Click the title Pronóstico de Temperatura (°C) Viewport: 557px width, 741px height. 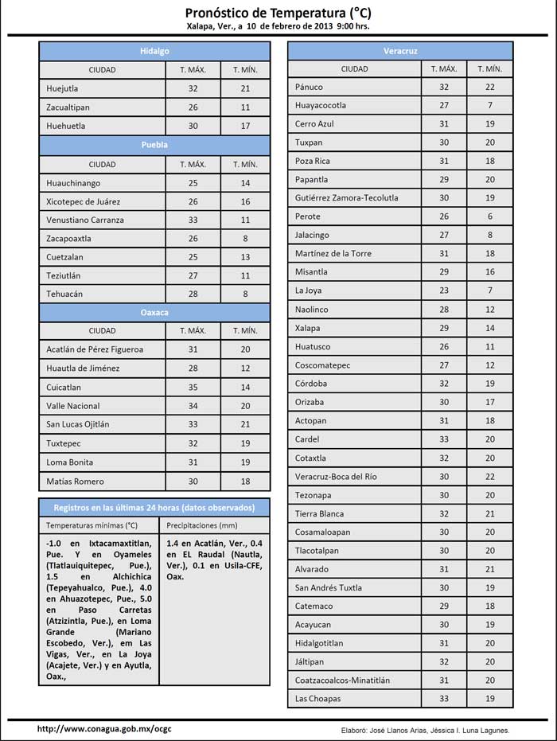pyautogui.click(x=278, y=13)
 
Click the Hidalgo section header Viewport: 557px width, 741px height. pyautogui.click(x=154, y=50)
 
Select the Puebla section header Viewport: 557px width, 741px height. pyautogui.click(x=154, y=145)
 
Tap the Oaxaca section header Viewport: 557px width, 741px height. pyautogui.click(x=154, y=313)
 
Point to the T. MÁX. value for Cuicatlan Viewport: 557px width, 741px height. pyautogui.click(x=193, y=388)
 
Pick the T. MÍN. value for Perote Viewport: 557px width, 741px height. pyautogui.click(x=490, y=216)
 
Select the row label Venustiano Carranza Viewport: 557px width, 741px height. pyautogui.click(x=85, y=220)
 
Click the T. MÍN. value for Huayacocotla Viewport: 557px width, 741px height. pyautogui.click(x=490, y=105)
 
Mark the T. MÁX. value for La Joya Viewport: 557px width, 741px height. pyautogui.click(x=444, y=291)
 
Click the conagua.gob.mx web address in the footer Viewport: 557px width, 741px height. pyautogui.click(x=93, y=729)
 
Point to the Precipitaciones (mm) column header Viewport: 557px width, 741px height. pyautogui.click(x=202, y=526)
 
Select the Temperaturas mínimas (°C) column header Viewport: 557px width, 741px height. pyautogui.click(x=92, y=526)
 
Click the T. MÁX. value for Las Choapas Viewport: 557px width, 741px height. pyautogui.click(x=444, y=699)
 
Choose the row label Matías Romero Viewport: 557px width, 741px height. pyautogui.click(x=76, y=482)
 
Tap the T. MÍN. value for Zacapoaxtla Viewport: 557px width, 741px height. pyautogui.click(x=245, y=238)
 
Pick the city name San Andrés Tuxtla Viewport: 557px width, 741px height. pyautogui.click(x=329, y=587)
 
